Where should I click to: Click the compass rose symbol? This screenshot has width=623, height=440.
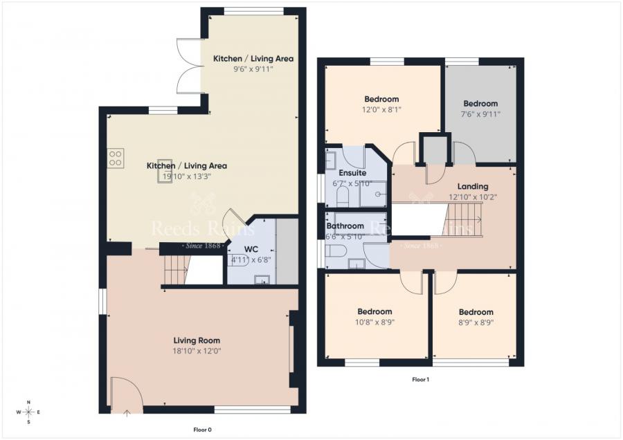pos(28,412)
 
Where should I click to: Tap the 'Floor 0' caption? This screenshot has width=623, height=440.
pos(202,430)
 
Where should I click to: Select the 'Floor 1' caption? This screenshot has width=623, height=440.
pos(420,379)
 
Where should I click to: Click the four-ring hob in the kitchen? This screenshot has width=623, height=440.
pos(115,158)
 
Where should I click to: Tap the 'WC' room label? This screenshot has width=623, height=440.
pos(251,249)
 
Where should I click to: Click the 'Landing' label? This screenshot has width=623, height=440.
pos(473,186)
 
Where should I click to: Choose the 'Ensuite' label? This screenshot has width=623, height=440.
pos(352,172)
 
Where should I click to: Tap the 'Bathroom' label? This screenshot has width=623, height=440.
pos(345,226)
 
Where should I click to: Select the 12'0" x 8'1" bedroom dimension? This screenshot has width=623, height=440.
pos(381,109)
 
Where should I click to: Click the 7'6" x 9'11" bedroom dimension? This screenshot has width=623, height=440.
pos(480,114)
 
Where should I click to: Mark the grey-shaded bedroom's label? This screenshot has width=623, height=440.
pos(480,104)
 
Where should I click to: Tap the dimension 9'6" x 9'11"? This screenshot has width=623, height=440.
pos(253,69)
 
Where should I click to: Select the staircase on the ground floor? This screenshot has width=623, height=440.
pos(177,270)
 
